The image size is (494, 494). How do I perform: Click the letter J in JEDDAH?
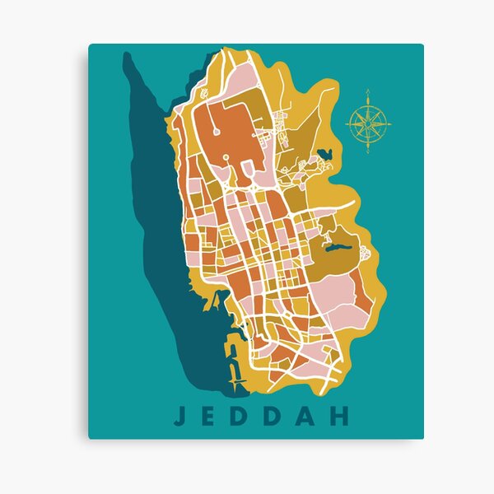[x=179, y=416]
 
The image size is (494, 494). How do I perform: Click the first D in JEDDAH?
[x=244, y=416]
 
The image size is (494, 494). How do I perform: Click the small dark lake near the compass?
[x=323, y=154]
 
